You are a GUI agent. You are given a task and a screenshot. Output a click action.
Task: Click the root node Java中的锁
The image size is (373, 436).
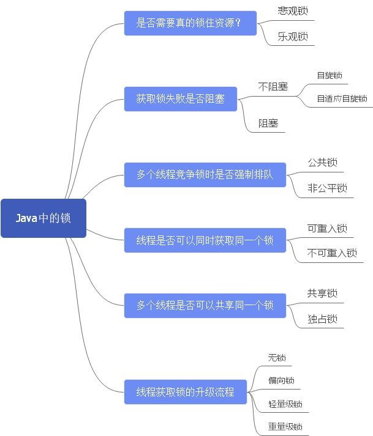(x=43, y=218)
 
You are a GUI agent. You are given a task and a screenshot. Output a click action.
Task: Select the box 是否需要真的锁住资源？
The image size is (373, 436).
(x=190, y=23)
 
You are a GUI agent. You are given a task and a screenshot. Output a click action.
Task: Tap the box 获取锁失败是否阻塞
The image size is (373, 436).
(x=180, y=98)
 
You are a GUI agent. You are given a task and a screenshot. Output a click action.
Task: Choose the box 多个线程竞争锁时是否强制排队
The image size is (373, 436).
(x=205, y=175)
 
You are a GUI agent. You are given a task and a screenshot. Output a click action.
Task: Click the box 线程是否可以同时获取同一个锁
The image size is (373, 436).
(x=205, y=240)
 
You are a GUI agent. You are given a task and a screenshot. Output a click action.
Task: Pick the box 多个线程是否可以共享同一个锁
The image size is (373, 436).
(x=205, y=305)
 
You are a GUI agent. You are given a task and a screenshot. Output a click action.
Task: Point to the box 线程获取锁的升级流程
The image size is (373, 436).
(x=185, y=392)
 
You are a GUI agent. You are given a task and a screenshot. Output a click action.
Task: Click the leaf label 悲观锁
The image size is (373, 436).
(x=292, y=11)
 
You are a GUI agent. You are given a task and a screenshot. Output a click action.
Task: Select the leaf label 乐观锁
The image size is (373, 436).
(x=292, y=36)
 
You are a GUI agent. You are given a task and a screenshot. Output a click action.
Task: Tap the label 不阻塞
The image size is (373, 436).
(x=273, y=87)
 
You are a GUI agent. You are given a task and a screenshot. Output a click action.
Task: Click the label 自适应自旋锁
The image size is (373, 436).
(x=341, y=98)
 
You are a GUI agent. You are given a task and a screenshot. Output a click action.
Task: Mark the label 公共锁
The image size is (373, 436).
(x=322, y=163)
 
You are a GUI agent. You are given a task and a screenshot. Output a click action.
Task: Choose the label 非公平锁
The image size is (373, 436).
(x=327, y=188)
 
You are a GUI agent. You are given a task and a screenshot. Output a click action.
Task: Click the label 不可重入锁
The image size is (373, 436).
(x=332, y=253)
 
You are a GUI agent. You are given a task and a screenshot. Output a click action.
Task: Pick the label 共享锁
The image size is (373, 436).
(x=322, y=294)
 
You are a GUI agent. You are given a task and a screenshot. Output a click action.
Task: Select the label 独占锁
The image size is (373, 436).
(x=322, y=319)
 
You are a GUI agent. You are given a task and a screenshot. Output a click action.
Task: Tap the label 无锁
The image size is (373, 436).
(x=277, y=358)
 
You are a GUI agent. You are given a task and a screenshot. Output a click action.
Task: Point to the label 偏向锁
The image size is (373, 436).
(x=281, y=380)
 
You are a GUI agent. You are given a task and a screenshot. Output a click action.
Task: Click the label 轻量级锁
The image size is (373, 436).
(x=285, y=404)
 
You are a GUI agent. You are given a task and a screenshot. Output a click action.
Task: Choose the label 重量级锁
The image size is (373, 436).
(x=285, y=426)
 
